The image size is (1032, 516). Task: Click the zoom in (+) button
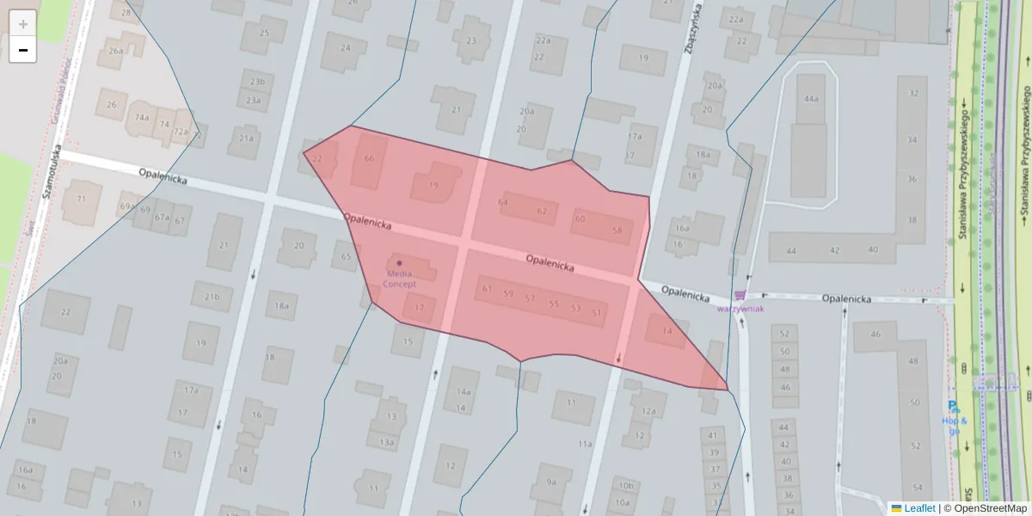click(23, 23)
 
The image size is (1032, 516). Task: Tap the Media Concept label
click(399, 278)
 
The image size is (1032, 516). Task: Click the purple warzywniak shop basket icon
click(740, 295)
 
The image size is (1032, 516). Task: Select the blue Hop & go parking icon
click(952, 406)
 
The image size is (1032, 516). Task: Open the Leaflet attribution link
click(918, 508)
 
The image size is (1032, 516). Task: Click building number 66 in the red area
click(369, 158)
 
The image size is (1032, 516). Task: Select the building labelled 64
click(503, 202)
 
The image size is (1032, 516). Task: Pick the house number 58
click(617, 230)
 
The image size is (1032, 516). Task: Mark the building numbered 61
click(487, 289)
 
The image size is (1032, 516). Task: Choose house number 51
click(597, 312)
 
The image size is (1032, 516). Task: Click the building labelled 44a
click(810, 99)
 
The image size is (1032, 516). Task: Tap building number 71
click(82, 200)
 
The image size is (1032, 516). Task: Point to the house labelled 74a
click(142, 118)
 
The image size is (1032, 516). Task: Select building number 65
click(346, 256)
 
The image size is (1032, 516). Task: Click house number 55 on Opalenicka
click(553, 304)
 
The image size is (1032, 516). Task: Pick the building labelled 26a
click(115, 51)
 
